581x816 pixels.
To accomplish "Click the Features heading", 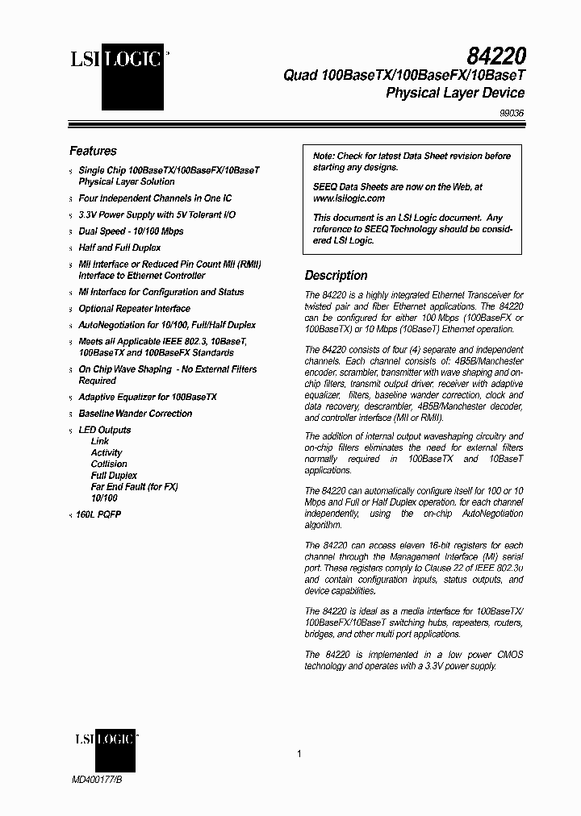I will [x=93, y=151].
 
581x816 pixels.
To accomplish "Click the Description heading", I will [x=336, y=275].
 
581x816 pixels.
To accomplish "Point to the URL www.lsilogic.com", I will [x=349, y=198].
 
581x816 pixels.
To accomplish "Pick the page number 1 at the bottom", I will [x=299, y=754].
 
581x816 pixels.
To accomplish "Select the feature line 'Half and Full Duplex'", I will [x=119, y=248].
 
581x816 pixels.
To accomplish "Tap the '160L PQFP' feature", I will [x=98, y=514].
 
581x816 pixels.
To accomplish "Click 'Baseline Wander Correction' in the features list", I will [x=135, y=414].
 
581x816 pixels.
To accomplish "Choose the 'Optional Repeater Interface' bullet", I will [x=134, y=309].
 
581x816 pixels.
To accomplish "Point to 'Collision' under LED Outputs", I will [x=109, y=464].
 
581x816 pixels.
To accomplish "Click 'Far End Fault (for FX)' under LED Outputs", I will [x=134, y=487].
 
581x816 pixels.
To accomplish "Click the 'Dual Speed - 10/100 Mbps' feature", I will [x=131, y=231].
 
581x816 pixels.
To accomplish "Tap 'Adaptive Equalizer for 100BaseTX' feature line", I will [x=147, y=398].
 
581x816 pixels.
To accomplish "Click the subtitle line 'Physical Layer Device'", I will [x=455, y=94].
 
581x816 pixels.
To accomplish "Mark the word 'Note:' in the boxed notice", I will [x=324, y=156].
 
